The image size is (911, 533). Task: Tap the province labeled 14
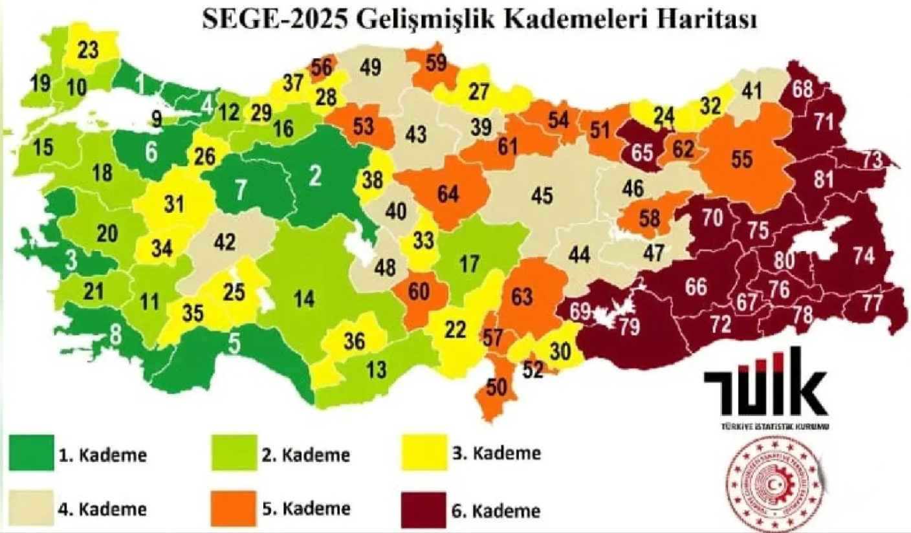(303, 299)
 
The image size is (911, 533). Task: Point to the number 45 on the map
(542, 194)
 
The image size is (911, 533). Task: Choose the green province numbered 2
(315, 176)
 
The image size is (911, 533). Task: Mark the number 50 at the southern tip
(496, 388)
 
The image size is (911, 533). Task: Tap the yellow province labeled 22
(456, 329)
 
